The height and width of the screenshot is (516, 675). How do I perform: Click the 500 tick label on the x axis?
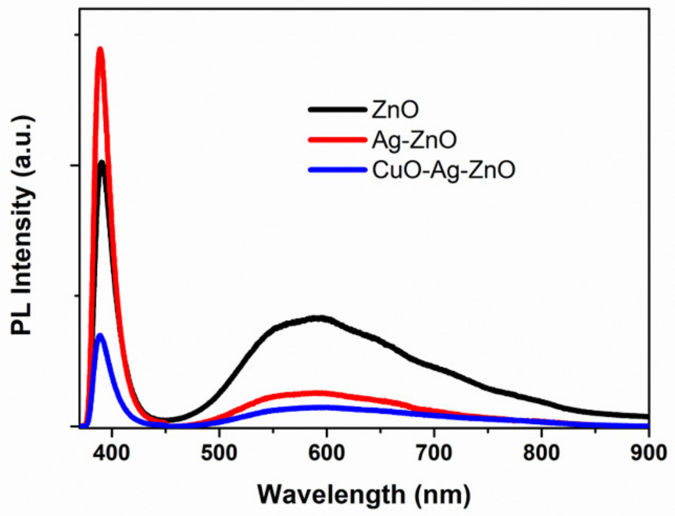tap(219, 453)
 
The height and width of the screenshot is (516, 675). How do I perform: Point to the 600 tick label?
tap(327, 453)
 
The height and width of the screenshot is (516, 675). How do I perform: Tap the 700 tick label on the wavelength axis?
tap(434, 453)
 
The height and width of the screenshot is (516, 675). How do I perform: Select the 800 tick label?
tap(541, 453)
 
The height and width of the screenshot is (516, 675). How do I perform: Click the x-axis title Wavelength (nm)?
tap(364, 494)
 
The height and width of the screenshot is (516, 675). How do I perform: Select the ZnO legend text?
tap(395, 110)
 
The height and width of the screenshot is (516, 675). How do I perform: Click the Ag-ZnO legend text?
tap(414, 140)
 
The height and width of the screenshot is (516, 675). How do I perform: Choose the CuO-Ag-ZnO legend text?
tap(443, 170)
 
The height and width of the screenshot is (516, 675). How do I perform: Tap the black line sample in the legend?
tap(337, 110)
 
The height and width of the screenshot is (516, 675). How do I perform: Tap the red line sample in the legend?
tap(337, 140)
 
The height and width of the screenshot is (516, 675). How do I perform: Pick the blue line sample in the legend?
tap(337, 170)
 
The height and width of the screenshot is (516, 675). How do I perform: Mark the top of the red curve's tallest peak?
tap(100, 49)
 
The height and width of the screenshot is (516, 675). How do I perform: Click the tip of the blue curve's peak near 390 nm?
tap(100, 335)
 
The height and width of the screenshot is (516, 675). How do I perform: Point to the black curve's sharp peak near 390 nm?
tap(102, 162)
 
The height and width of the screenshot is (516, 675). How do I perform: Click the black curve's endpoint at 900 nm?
tap(648, 417)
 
